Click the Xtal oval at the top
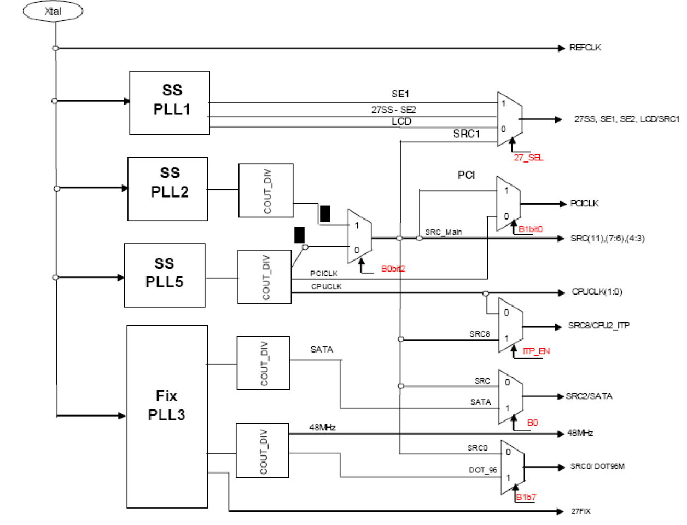coord(53,11)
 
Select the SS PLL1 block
coord(170,102)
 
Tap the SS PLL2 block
coord(168,189)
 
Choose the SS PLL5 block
coord(165,275)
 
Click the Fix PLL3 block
coord(167,417)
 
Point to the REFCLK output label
coord(585,48)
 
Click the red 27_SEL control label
coord(528,158)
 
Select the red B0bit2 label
coord(393,269)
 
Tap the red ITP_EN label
coord(535,351)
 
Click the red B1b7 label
coord(526,497)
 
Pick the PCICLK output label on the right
coord(584,204)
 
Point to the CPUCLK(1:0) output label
coord(597,292)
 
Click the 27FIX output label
coord(580,511)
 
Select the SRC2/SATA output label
coord(589,396)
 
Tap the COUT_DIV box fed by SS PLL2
coord(266,190)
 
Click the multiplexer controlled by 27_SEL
coord(509,119)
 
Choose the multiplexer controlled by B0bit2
coord(360,236)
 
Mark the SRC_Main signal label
coord(443,232)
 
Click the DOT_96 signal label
coord(483,470)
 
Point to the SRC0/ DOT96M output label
coord(597,466)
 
